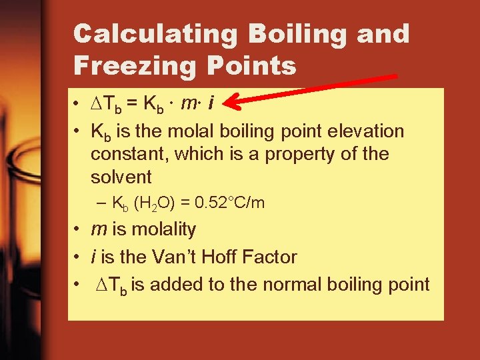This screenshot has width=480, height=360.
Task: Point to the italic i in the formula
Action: coord(211,103)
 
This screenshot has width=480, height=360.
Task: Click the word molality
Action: coord(163,229)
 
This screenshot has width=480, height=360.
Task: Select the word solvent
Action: coord(121,177)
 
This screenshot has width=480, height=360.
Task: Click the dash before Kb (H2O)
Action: coord(101,203)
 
